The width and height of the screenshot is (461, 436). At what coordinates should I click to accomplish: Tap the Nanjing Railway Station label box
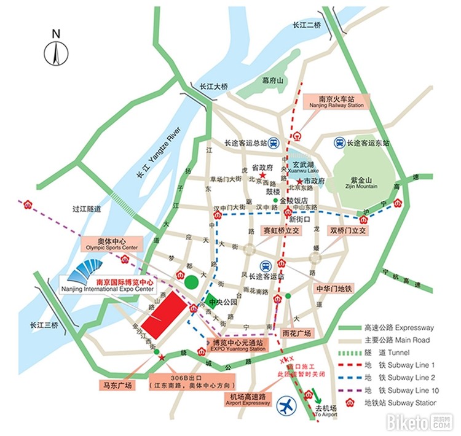[x=337, y=101]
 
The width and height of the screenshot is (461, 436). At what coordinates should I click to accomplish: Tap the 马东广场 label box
[x=116, y=386]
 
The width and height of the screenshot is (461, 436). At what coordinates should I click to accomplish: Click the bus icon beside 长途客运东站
[x=339, y=142]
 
